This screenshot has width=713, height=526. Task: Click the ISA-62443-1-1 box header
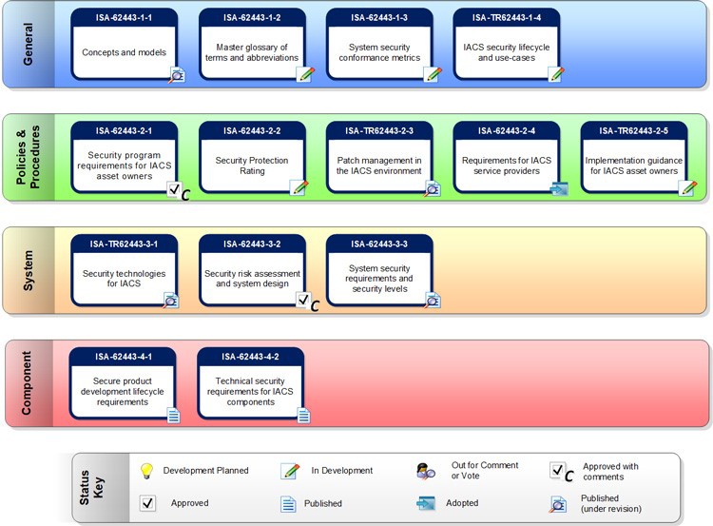(x=125, y=16)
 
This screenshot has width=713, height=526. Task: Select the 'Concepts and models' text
(x=125, y=51)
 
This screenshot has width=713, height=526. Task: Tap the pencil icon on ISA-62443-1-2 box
(x=305, y=74)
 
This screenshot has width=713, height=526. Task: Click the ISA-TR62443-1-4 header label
(x=506, y=16)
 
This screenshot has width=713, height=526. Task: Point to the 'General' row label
(x=28, y=45)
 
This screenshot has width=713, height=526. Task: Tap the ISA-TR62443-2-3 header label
(x=379, y=131)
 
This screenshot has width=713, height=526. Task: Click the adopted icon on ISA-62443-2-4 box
(x=559, y=188)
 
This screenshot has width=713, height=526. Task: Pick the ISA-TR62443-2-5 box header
(x=634, y=131)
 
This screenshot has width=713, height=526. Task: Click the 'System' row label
(x=28, y=270)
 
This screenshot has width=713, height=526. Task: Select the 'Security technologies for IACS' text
(x=125, y=279)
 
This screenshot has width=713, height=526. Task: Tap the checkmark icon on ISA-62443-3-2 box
(x=303, y=301)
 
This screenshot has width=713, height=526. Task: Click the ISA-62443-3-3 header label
(x=378, y=244)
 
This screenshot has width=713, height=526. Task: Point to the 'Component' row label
(x=28, y=382)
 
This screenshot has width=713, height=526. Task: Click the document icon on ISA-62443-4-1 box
(x=174, y=415)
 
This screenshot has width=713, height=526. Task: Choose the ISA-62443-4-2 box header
(x=250, y=357)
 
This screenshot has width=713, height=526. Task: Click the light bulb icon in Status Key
(x=146, y=470)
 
